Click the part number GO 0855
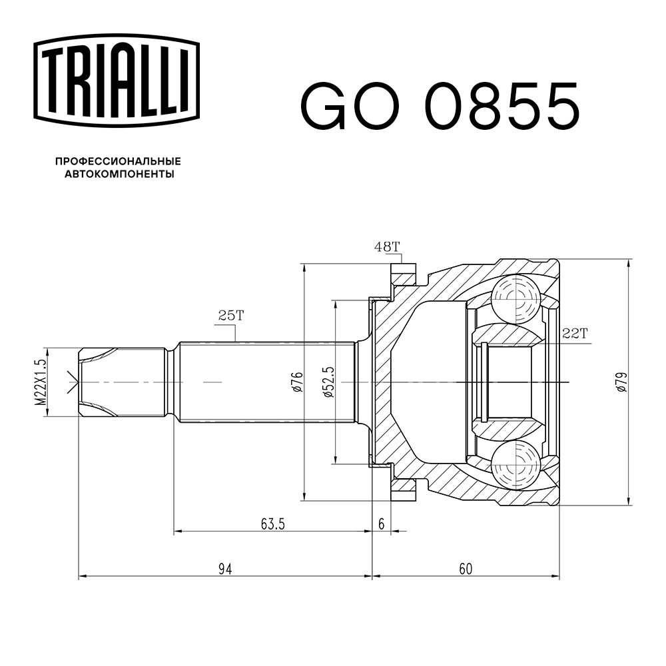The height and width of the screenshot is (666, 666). [x=440, y=106]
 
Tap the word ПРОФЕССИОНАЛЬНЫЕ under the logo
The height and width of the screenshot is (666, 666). [x=118, y=161]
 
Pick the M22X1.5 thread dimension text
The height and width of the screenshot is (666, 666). [x=41, y=382]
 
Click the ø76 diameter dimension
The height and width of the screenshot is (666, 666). [x=298, y=382]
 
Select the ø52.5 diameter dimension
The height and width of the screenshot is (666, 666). [x=328, y=382]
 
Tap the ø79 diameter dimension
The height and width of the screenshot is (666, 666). [x=621, y=382]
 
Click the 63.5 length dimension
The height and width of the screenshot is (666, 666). [x=273, y=524]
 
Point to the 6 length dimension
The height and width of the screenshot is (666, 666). [x=382, y=524]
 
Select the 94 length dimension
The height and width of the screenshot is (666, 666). [x=225, y=569]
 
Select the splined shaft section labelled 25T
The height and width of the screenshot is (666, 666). [x=266, y=382]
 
